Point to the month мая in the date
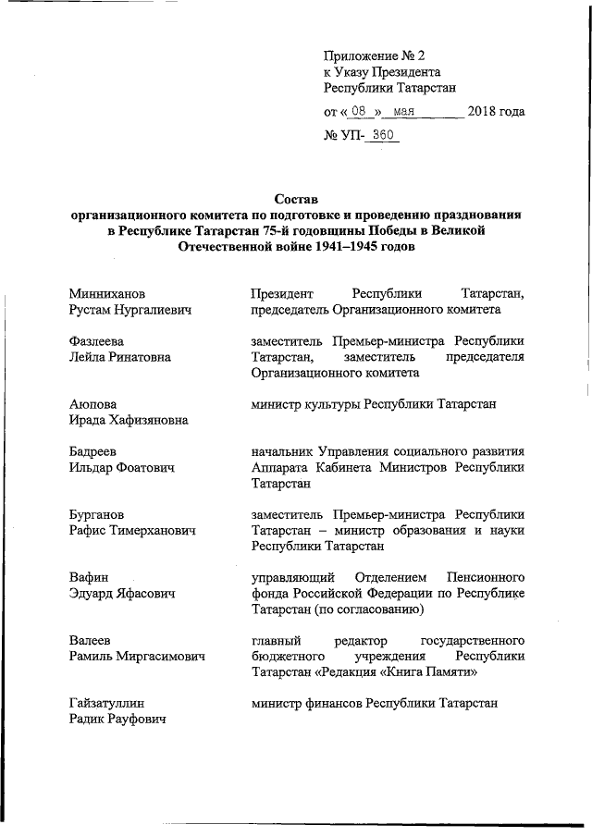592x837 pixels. tap(402, 113)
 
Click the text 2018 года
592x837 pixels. tap(497, 113)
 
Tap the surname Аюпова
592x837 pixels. tap(94, 404)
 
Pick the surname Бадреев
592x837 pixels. tap(96, 451)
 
